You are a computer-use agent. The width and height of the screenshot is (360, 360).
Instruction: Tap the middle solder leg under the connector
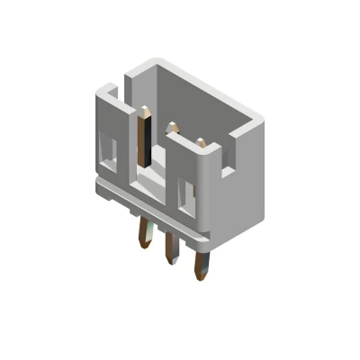[x=168, y=253]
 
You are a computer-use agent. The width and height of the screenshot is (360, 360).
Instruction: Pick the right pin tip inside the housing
[x=201, y=141]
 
